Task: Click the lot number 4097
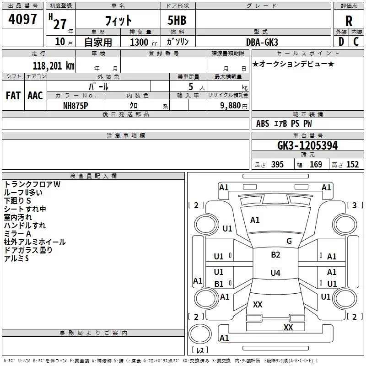coord(22,20)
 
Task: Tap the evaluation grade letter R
coord(349,21)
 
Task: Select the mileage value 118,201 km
coord(54,66)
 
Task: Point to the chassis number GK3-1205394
coord(307,146)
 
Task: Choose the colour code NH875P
coord(76,105)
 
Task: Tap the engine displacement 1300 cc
coord(142,42)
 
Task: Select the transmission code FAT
coord(13,96)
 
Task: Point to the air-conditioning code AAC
coord(35,96)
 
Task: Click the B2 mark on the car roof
coord(275,255)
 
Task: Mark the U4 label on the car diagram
coord(275,273)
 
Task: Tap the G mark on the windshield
coord(289,241)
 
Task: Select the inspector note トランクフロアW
coord(32,184)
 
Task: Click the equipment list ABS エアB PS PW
coord(284,124)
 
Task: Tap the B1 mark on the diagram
coord(219,284)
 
